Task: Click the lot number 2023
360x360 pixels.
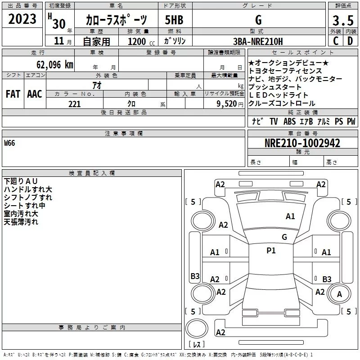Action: [x=22, y=19]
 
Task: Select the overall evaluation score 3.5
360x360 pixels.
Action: [x=342, y=20]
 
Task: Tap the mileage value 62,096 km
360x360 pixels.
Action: [x=50, y=64]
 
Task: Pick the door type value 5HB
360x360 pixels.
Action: [x=174, y=20]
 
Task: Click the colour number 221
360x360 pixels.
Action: [x=74, y=104]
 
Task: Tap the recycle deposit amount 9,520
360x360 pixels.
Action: [x=227, y=104]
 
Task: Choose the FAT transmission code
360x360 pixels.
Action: [x=13, y=94]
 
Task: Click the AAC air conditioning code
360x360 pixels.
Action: [x=34, y=94]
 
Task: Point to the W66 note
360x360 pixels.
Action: [x=9, y=144]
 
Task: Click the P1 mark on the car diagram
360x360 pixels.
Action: [x=271, y=251]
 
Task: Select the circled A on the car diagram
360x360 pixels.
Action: [x=340, y=294]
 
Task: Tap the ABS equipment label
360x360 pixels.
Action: [x=290, y=121]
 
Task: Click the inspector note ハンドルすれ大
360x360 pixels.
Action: [x=28, y=189]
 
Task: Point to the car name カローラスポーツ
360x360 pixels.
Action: [x=116, y=20]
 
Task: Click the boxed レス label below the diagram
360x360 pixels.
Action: [x=196, y=344]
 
